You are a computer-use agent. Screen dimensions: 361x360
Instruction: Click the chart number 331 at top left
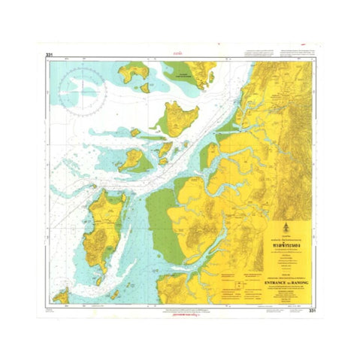pyautogui.click(x=49, y=55)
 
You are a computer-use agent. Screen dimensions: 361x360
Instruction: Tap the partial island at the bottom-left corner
pyautogui.click(x=61, y=295)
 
